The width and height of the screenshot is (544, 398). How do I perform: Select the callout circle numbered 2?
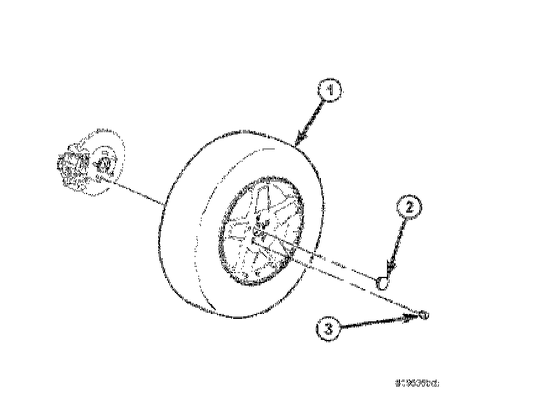[x=409, y=208]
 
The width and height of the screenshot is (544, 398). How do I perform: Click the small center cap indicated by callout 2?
[x=383, y=284]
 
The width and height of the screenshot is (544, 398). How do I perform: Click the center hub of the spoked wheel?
[x=260, y=231]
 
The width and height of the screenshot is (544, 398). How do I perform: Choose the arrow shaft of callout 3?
[x=371, y=323]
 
